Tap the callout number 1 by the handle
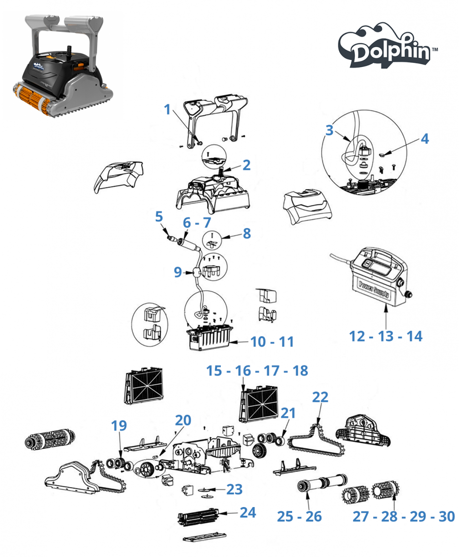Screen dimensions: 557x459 [168, 110]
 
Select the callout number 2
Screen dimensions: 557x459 [246, 165]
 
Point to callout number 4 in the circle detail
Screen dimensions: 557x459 [425, 139]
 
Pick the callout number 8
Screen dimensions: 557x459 [246, 233]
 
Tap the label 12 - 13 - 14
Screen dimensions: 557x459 [386, 336]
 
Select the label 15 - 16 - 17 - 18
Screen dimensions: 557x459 [257, 371]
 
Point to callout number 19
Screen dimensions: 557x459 [119, 426]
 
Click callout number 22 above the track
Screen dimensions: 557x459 [320, 397]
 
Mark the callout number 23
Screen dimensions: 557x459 [234, 489]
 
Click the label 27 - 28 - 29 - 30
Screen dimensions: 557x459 [403, 516]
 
